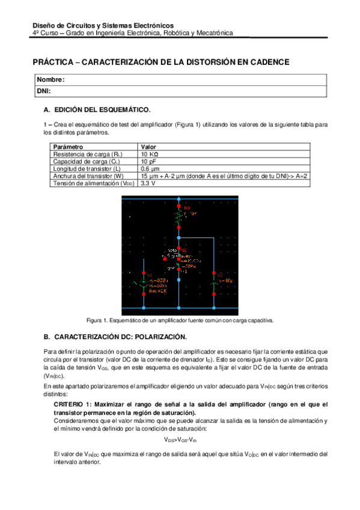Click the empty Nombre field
coord(192,80)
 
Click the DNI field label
coord(43,91)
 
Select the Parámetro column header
coord(68,147)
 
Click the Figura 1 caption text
coord(180,321)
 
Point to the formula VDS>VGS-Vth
coord(180,440)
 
